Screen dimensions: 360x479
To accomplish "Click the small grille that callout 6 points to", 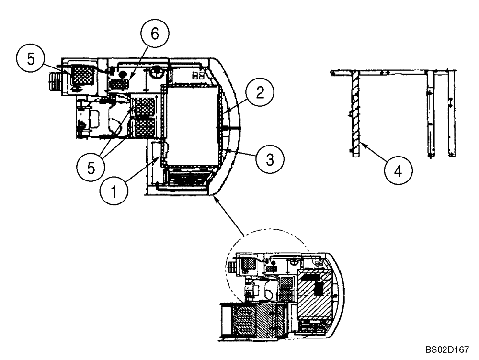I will [120, 84].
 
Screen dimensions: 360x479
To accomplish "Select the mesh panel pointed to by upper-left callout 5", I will [81, 75].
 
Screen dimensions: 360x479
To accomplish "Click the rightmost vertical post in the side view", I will [451, 115].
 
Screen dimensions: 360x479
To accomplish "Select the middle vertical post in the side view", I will [430, 115].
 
